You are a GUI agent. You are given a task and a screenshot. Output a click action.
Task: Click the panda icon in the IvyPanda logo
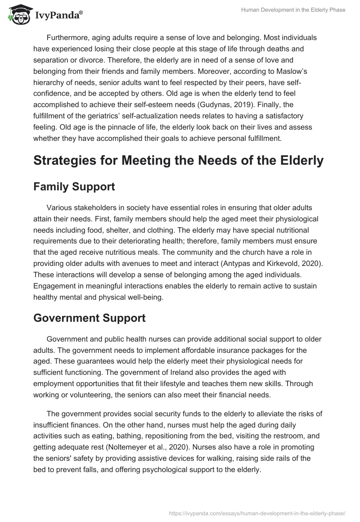pos(18,15)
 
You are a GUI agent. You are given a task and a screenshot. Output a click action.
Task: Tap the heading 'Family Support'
pos(74,187)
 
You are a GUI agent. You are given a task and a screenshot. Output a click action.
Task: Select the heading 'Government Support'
pos(89,318)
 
